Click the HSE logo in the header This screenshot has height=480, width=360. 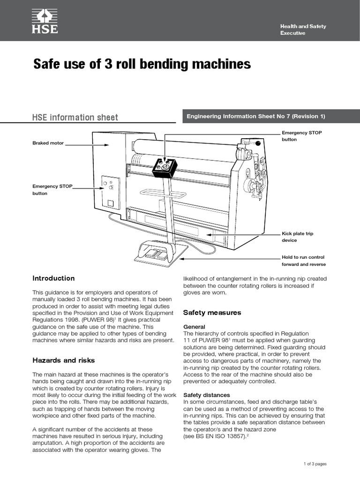click(x=45, y=21)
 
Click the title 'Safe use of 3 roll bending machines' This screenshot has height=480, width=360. click(x=142, y=64)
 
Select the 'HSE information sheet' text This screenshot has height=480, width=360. click(x=75, y=117)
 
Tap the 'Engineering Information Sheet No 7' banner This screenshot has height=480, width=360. click(x=256, y=117)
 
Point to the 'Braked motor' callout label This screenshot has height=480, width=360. click(x=48, y=143)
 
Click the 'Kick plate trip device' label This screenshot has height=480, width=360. click(x=296, y=237)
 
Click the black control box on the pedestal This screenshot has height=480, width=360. click(x=164, y=167)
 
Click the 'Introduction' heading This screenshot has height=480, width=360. click(x=53, y=278)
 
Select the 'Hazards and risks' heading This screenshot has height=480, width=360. click(x=63, y=360)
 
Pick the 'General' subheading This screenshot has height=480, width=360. click(x=194, y=327)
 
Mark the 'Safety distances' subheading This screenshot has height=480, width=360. click(x=206, y=395)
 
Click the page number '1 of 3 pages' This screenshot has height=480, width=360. click(x=315, y=464)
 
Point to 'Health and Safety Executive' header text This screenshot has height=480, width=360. click(x=303, y=30)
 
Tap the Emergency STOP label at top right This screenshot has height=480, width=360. click(x=301, y=136)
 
